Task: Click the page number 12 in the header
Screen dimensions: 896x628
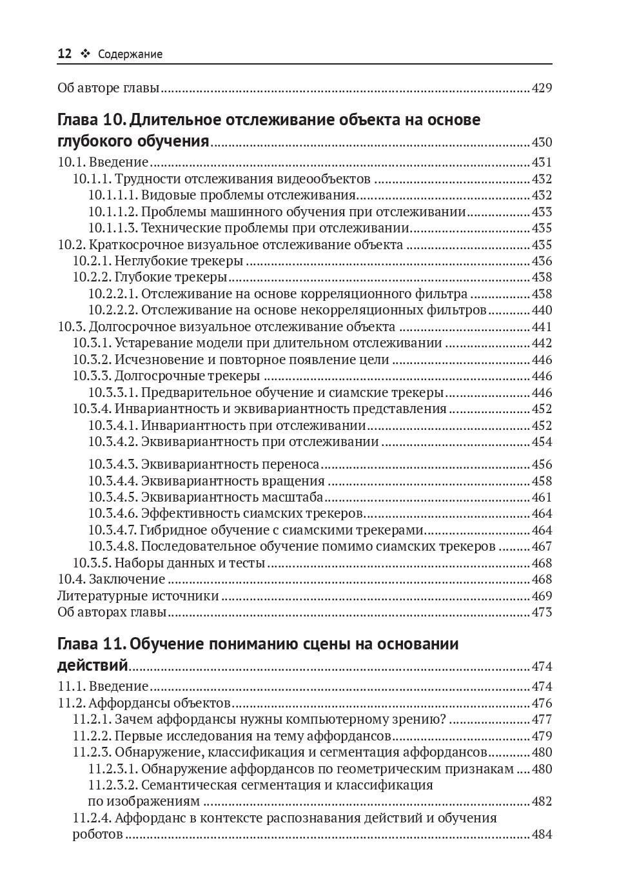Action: point(64,54)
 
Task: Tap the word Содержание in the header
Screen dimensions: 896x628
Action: point(130,54)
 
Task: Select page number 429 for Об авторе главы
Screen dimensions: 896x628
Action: point(542,88)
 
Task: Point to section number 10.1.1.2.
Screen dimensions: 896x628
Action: point(113,212)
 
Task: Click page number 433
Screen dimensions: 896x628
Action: point(542,212)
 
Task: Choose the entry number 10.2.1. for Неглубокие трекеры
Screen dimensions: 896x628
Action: point(92,261)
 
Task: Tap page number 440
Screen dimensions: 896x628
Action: point(542,310)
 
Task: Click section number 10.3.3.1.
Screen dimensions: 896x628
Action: point(113,392)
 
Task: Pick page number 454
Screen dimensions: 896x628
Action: point(542,442)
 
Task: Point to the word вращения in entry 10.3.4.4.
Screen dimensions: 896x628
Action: point(293,481)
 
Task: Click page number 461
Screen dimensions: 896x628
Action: point(542,497)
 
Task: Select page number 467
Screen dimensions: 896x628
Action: point(542,546)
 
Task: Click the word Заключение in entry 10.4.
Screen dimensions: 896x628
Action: point(127,579)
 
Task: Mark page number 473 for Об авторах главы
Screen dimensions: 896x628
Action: point(542,612)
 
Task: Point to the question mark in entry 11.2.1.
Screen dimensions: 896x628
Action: point(442,719)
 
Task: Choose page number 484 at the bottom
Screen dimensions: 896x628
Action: point(542,834)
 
